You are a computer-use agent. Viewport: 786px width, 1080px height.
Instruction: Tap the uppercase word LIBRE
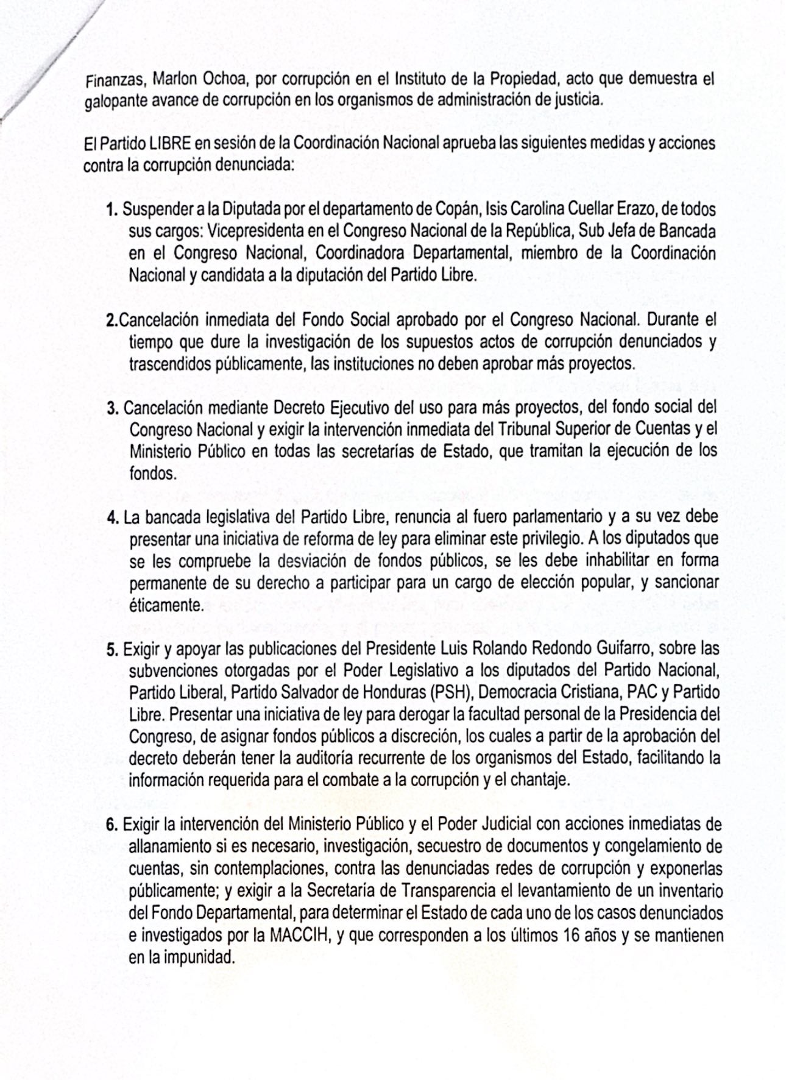pyautogui.click(x=171, y=143)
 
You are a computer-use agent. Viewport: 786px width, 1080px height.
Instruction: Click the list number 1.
pyautogui.click(x=112, y=210)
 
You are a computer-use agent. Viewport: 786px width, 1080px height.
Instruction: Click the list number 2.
pyautogui.click(x=111, y=320)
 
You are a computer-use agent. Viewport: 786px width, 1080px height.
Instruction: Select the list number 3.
pyautogui.click(x=112, y=408)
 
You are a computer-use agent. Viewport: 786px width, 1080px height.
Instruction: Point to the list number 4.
pyautogui.click(x=112, y=517)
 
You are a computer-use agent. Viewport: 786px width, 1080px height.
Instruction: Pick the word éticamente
pyautogui.click(x=165, y=605)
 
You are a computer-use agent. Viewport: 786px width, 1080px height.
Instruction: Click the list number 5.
pyautogui.click(x=112, y=649)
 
